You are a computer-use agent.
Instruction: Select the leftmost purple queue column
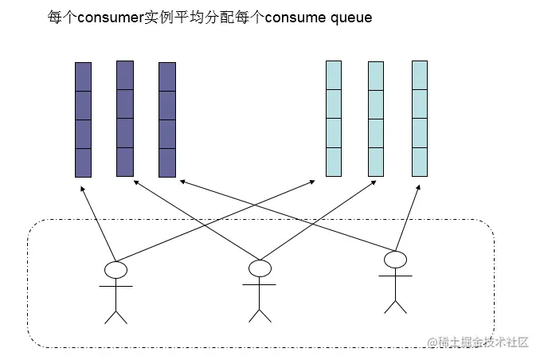tap(83, 119)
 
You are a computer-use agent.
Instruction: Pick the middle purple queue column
tap(125, 118)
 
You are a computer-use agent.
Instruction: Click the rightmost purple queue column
tap(166, 119)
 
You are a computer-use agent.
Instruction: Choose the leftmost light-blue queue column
tap(333, 119)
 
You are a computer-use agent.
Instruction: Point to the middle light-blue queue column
tap(376, 119)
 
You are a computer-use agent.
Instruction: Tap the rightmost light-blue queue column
tap(420, 119)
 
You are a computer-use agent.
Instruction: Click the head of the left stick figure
tap(116, 269)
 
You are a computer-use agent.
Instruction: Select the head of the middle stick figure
tap(260, 268)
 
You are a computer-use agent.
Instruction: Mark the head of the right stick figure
tap(395, 260)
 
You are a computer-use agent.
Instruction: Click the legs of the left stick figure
tap(116, 315)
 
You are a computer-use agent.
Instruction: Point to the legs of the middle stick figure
tap(260, 314)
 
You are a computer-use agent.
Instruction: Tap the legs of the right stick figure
tap(395, 304)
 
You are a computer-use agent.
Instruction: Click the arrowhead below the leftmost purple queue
tap(80, 190)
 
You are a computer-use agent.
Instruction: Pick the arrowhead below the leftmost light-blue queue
tap(313, 182)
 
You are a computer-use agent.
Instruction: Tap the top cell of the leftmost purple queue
tap(83, 76)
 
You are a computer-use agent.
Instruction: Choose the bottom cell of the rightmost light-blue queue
tap(420, 162)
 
